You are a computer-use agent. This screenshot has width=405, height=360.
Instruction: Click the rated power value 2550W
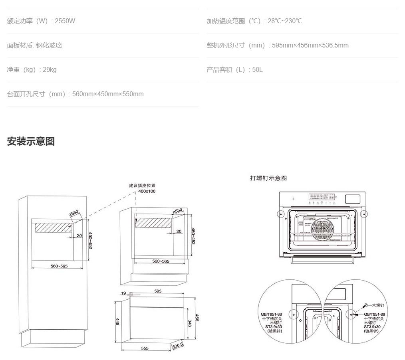coord(65,21)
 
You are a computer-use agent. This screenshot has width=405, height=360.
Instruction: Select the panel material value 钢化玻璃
coord(49,45)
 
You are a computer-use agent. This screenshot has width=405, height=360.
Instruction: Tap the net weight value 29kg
coord(50,69)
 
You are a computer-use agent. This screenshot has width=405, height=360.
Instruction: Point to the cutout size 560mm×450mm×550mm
coord(108,94)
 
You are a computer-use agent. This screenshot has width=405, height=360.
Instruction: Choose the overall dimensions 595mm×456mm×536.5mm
coord(310,45)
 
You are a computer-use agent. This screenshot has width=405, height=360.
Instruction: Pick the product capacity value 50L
coord(257,69)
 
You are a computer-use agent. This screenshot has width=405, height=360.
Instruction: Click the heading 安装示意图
coord(31,141)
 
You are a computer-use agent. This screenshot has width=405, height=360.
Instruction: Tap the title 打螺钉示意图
coord(268,178)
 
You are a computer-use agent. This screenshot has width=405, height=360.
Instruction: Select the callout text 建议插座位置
coord(142,186)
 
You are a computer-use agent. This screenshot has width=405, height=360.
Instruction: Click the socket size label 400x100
coord(147,191)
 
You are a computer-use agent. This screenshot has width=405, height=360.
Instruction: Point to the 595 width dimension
coord(158,291)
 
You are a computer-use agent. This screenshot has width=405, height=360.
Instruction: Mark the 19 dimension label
coord(123,293)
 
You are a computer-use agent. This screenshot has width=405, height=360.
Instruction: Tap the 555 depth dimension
coord(145,348)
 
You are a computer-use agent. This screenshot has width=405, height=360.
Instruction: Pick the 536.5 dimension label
coord(177,345)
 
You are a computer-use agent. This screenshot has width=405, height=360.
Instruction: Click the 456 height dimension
coord(197,318)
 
